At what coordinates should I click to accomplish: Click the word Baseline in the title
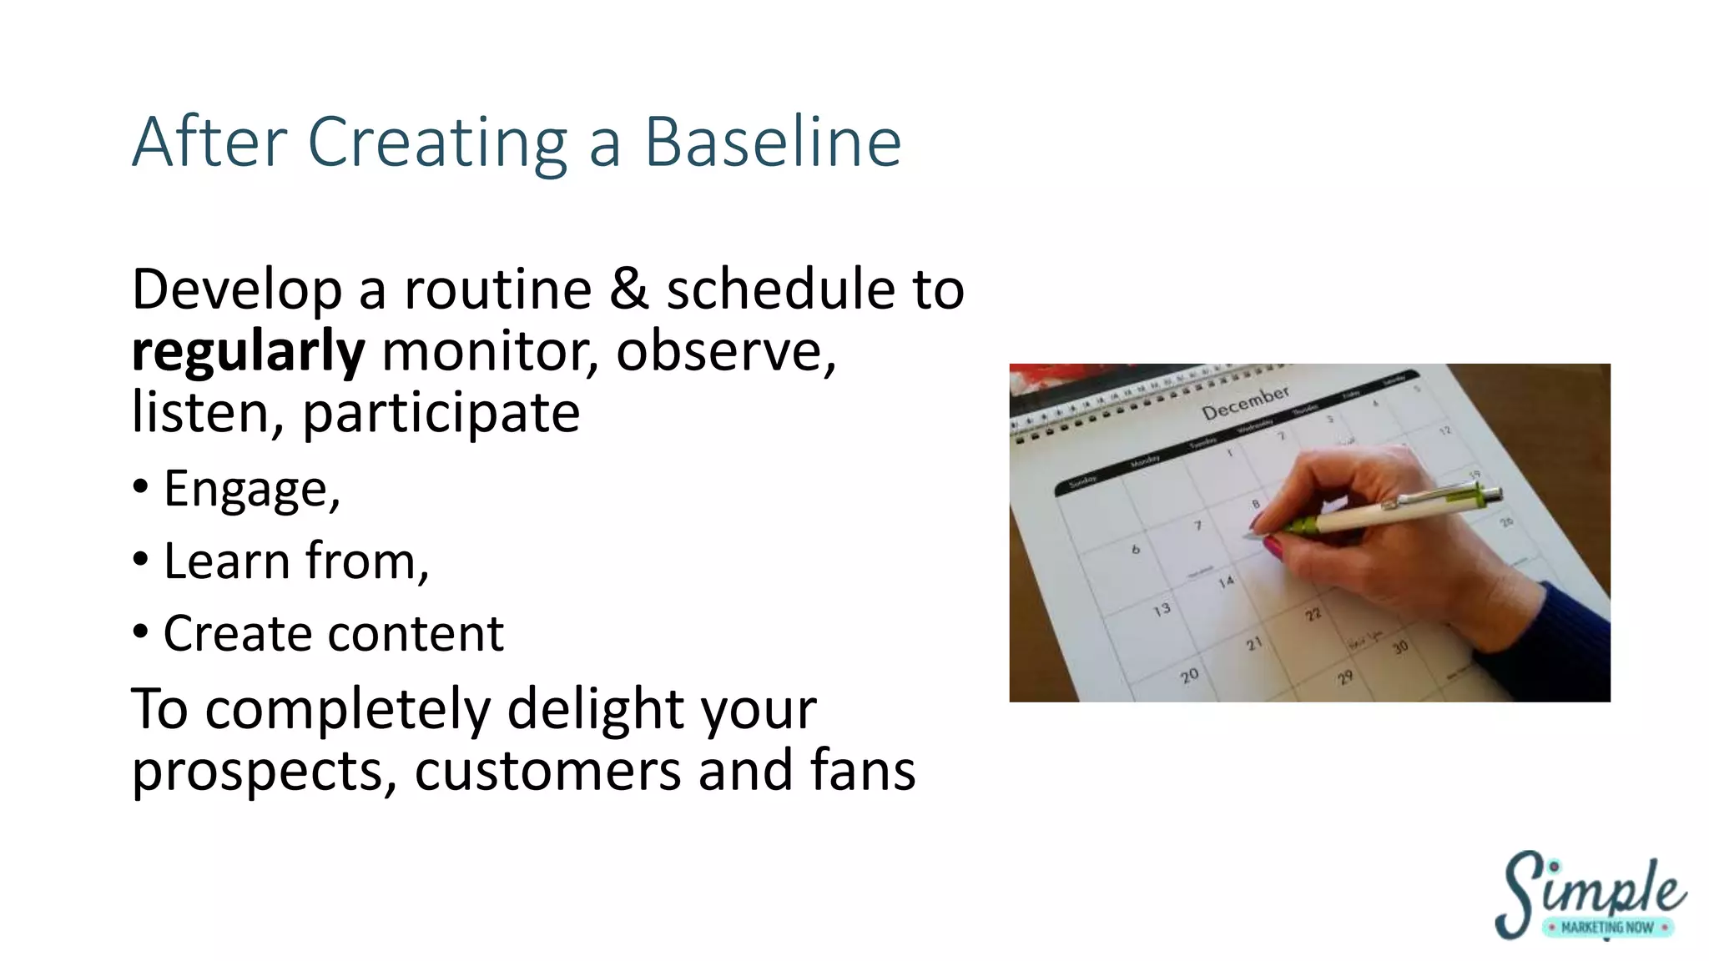[773, 142]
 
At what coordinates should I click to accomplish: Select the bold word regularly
[248, 351]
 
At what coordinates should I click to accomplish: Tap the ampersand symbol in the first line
[628, 289]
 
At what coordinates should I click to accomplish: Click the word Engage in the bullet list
[249, 489]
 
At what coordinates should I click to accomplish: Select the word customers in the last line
[547, 770]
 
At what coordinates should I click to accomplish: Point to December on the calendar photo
[1245, 402]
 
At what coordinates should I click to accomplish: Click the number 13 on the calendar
[1162, 610]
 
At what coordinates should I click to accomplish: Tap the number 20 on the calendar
[1189, 675]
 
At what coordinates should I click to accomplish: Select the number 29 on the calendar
[1345, 677]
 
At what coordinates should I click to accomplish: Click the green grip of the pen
[1302, 526]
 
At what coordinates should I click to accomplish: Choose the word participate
[441, 412]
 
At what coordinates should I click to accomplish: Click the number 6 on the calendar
[1135, 549]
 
